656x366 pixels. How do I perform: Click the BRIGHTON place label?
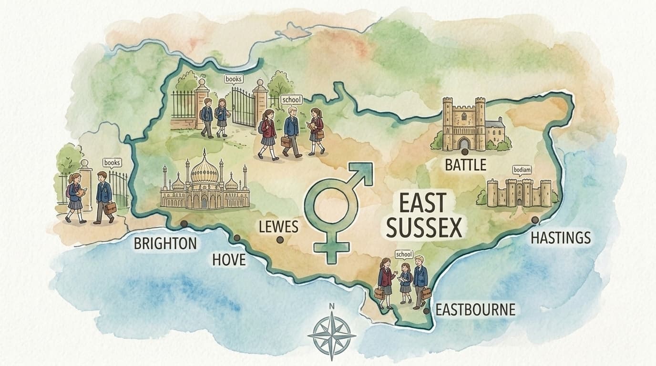[165, 244]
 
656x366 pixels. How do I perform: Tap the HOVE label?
[229, 260]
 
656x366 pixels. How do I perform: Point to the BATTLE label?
[465, 165]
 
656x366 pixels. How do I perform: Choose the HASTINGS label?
[561, 237]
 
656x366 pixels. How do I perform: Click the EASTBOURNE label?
[476, 310]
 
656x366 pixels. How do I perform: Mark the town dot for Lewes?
[280, 240]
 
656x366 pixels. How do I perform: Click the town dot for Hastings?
[535, 220]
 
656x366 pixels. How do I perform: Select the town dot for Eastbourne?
[426, 310]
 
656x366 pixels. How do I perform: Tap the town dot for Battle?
[464, 151]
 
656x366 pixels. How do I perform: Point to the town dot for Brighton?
[184, 224]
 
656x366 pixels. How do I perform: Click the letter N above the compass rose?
[332, 306]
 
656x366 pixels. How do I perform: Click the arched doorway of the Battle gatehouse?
[463, 143]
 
